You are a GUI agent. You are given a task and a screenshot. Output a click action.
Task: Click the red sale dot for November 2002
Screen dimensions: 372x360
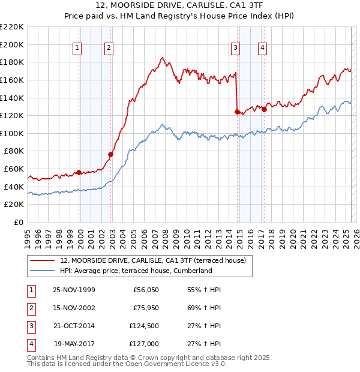110,155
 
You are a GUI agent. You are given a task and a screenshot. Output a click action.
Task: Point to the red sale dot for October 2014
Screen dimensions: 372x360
237,111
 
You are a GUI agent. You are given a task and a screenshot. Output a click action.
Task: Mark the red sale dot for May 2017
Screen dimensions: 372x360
264,109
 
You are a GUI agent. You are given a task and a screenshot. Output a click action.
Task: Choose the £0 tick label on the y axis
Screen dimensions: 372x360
17,222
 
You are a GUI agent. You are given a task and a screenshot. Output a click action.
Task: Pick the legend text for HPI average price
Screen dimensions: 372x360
136,271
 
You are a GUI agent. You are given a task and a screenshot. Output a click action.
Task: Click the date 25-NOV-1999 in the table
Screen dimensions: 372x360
74,290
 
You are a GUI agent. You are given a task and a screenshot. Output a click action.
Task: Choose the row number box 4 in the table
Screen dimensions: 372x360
29,344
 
